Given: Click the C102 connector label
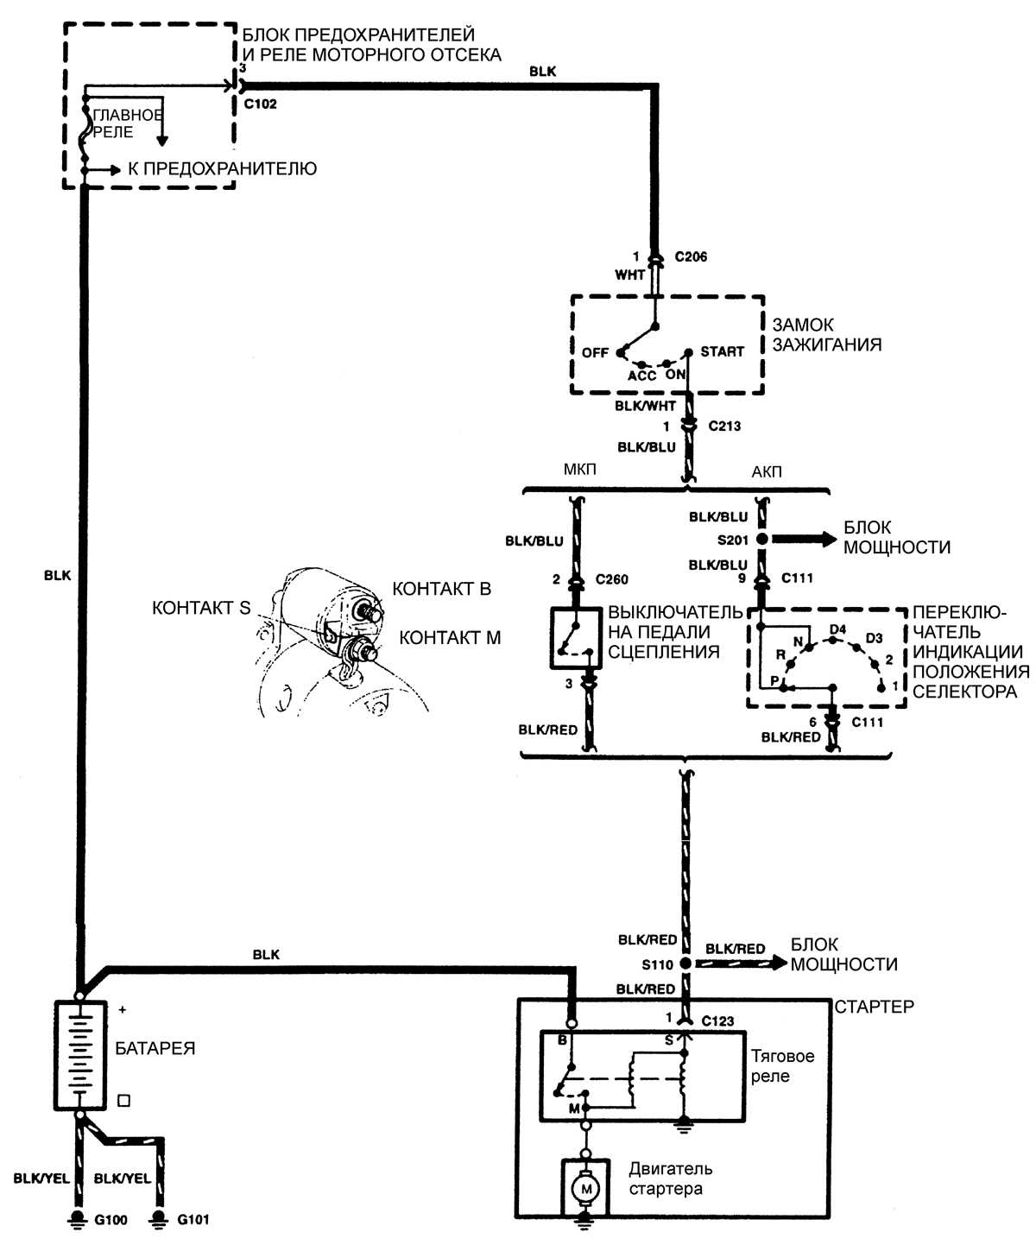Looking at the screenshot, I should [260, 104].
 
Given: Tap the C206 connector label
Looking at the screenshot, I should [691, 256].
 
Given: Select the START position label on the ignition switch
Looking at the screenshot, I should [722, 351].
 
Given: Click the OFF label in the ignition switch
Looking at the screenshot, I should [595, 352].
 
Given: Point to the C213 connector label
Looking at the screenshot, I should [724, 426].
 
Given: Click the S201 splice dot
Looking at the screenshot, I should [762, 539].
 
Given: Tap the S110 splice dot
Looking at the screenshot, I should [685, 964].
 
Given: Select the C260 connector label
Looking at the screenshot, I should [611, 579].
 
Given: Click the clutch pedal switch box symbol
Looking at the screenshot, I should [576, 638].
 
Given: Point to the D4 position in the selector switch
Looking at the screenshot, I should [837, 629].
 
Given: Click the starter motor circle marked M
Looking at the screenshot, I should [587, 1189].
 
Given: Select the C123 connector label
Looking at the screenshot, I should [717, 1020].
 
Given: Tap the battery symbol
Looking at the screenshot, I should [80, 1055].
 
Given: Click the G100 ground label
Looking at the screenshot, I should [111, 1220].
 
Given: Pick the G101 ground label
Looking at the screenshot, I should [193, 1220].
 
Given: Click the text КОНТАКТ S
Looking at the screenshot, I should [200, 608].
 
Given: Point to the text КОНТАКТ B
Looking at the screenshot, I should [441, 589].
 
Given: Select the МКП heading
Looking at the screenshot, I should [579, 471].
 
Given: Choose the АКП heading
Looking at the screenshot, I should [767, 471].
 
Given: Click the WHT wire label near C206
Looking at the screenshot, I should [629, 275].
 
